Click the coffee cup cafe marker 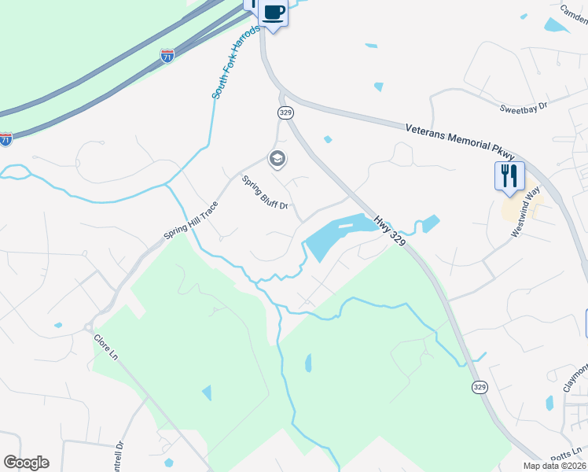pyautogui.click(x=274, y=13)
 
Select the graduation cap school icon pyautogui.click(x=277, y=160)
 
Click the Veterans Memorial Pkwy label pyautogui.click(x=459, y=137)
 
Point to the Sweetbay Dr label pyautogui.click(x=524, y=108)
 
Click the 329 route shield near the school pyautogui.click(x=285, y=113)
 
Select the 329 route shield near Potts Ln pyautogui.click(x=479, y=387)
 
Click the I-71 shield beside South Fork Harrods pyautogui.click(x=167, y=56)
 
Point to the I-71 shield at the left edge pyautogui.click(x=6, y=139)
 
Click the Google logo pyautogui.click(x=26, y=463)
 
